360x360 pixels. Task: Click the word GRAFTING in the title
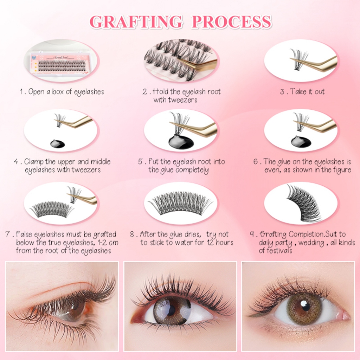(136, 22)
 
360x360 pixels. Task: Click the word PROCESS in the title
(231, 22)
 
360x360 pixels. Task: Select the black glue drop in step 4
(58, 144)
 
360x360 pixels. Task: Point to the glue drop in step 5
(181, 141)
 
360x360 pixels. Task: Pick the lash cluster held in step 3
(298, 59)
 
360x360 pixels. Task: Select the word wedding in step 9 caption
(311, 243)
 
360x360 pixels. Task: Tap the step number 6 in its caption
(256, 162)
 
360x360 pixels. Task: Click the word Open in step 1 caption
(36, 92)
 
